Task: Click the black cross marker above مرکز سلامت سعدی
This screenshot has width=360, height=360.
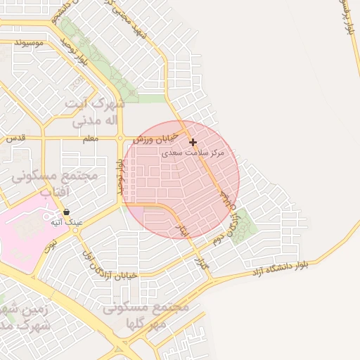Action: point(193,142)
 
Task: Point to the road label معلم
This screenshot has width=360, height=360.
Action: point(91,139)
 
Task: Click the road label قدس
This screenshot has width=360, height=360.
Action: point(15,139)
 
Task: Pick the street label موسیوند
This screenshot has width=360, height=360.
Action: point(29,43)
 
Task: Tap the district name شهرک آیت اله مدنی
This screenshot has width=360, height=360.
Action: point(95,112)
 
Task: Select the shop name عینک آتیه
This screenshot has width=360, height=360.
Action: point(66,222)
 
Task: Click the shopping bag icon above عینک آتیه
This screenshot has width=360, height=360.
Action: point(66,212)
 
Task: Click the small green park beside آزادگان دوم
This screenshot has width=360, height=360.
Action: point(241,226)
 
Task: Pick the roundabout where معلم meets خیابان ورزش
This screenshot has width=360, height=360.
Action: point(121,139)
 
